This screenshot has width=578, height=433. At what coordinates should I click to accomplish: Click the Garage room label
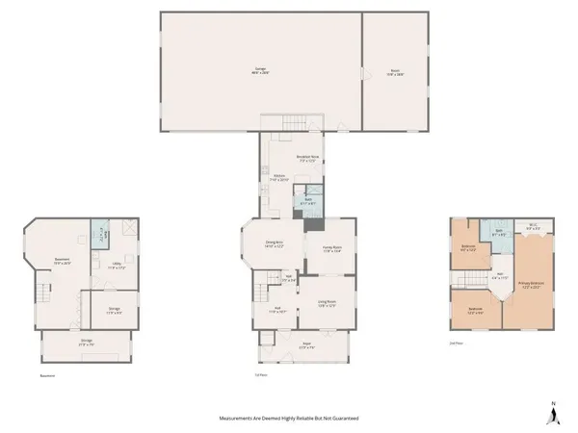[260, 70]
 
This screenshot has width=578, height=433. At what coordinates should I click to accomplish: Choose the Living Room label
[327, 305]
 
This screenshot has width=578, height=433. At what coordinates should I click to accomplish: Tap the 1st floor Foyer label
[280, 347]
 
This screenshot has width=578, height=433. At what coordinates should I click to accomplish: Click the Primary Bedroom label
[533, 285]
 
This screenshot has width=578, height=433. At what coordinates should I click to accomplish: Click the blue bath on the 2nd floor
[499, 233]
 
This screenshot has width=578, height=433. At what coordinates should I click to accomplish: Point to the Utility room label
[116, 265]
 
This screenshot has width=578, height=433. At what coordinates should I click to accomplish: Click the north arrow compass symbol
[553, 414]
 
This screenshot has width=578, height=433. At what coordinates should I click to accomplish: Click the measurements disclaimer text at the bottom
[288, 420]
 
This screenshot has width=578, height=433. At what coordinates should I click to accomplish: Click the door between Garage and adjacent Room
[362, 74]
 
